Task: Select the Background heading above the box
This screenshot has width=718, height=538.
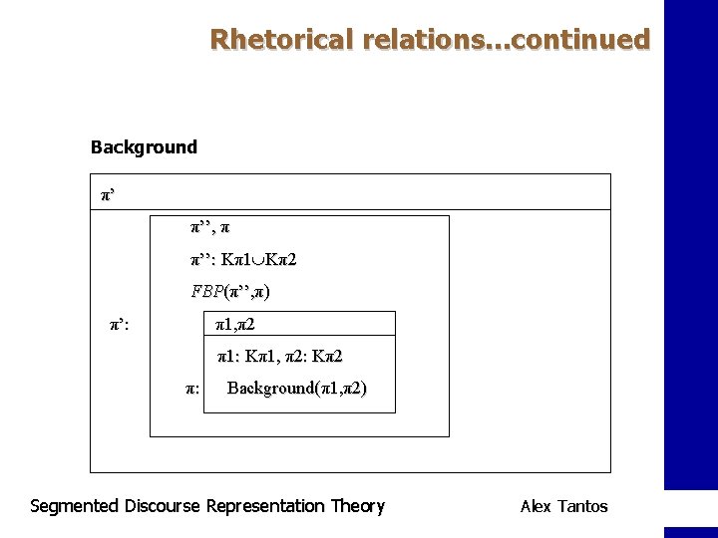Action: (144, 147)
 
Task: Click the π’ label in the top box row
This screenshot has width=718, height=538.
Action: (108, 193)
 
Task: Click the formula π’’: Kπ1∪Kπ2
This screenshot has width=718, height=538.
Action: (244, 260)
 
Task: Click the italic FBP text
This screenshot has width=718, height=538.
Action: (207, 292)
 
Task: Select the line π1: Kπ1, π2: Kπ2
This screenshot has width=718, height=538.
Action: (280, 356)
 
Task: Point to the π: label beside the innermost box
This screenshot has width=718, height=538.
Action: (192, 389)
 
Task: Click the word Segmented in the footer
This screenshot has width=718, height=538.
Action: (75, 506)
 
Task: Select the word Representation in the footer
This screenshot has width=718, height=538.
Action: (265, 506)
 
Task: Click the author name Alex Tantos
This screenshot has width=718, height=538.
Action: (563, 506)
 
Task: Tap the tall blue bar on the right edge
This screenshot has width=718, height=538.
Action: (690, 244)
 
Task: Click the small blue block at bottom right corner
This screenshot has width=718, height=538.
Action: (690, 532)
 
